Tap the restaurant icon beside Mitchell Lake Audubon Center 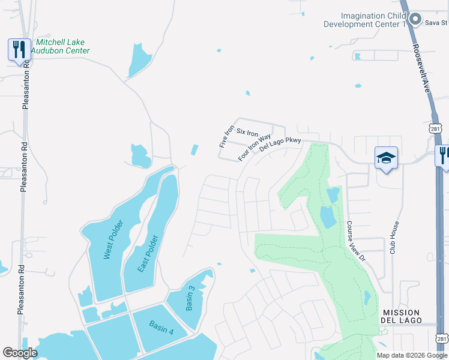tap(19, 50)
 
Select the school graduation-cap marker tap(387, 158)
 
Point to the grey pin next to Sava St tap(415, 20)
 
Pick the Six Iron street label tap(247, 132)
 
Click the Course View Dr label tap(355, 240)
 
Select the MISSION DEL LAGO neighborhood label tap(400, 316)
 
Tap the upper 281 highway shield tap(436, 128)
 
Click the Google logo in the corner tap(20, 353)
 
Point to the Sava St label tap(436, 23)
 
